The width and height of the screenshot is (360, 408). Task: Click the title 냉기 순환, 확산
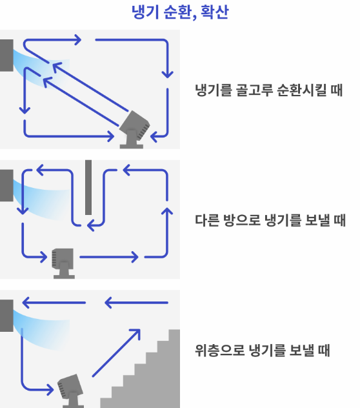(x=180, y=13)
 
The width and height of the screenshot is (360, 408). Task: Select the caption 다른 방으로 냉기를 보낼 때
(x=270, y=221)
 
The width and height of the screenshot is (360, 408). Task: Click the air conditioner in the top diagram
(x=6, y=56)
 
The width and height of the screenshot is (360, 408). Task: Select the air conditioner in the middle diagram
(x=6, y=186)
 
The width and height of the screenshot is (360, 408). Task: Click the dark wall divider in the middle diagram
(x=88, y=187)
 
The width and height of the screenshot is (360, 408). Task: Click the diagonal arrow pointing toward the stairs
(x=116, y=352)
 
